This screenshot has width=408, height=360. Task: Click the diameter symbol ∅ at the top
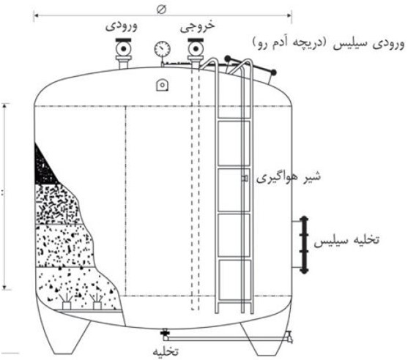(162, 10)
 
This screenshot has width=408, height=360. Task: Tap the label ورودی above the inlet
(122, 27)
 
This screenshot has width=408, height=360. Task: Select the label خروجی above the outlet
(198, 26)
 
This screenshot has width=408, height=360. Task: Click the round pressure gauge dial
(163, 48)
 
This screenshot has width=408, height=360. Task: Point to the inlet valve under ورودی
(124, 53)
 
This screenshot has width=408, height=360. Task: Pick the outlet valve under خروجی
(196, 53)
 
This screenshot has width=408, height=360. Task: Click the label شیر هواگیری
(289, 177)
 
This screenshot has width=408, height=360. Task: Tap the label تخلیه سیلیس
(346, 240)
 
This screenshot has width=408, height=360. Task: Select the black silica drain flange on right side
(303, 245)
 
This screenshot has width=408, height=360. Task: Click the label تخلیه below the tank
(166, 352)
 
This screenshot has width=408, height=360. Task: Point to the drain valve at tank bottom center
(165, 334)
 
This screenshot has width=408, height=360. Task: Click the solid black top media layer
(43, 166)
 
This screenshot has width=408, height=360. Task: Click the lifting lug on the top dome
(162, 85)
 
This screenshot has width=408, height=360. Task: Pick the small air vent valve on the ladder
(245, 179)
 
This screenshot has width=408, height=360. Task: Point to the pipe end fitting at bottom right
(289, 337)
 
